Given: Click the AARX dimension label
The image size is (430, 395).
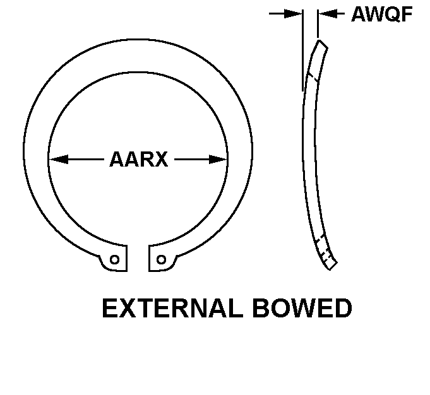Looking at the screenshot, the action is click(138, 159).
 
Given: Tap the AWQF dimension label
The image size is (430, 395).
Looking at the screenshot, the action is click(382, 14).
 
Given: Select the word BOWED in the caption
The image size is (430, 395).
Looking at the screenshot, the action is click(302, 309).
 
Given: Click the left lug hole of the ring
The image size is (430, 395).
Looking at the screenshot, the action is click(115, 259).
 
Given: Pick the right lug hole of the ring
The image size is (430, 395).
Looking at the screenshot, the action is click(161, 259).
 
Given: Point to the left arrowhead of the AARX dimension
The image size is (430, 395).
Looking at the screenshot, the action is click(59, 159).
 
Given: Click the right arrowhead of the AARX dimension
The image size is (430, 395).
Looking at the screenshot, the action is click(218, 159).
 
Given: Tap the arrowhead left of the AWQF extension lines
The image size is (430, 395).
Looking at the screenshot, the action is click(293, 13).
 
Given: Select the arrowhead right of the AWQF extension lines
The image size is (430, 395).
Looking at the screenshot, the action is click(328, 13).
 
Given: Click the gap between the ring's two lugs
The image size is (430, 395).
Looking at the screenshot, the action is click(138, 258).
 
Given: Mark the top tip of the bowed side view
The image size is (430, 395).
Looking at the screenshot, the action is click(319, 40).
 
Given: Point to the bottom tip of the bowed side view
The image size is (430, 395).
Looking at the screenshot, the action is click(330, 269).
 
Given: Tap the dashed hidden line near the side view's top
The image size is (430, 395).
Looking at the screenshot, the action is click(313, 78).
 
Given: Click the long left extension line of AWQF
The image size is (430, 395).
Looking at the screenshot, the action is click(302, 50).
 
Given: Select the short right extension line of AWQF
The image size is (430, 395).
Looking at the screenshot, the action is click(318, 23).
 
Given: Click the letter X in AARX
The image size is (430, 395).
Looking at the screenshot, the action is click(160, 159).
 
